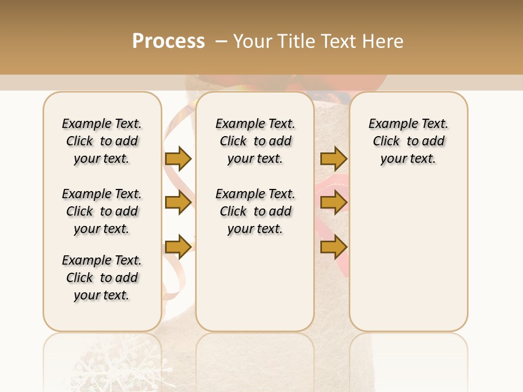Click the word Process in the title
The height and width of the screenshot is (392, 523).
pyautogui.click(x=168, y=41)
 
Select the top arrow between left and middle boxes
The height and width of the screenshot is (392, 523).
pyautogui.click(x=178, y=158)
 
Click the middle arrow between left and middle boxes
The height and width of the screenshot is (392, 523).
pyautogui.click(x=178, y=203)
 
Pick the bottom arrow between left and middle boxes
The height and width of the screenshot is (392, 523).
pyautogui.click(x=178, y=247)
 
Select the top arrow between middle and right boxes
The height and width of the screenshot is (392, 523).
pyautogui.click(x=333, y=158)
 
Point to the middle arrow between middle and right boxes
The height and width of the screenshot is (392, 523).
pyautogui.click(x=333, y=203)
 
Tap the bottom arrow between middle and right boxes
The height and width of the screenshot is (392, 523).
pyautogui.click(x=333, y=247)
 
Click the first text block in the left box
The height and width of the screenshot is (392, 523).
pyautogui.click(x=102, y=141)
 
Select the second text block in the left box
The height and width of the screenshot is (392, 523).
pyautogui.click(x=102, y=211)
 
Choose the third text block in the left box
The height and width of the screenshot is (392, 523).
pyautogui.click(x=102, y=278)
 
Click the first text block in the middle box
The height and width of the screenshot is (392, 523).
pyautogui.click(x=256, y=141)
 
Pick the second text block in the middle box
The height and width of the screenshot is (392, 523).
pyautogui.click(x=256, y=211)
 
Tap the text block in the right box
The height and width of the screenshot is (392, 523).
pyautogui.click(x=409, y=141)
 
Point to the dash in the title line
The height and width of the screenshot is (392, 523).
pyautogui.click(x=221, y=41)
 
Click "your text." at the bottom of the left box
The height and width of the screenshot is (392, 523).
pyautogui.click(x=102, y=295)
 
